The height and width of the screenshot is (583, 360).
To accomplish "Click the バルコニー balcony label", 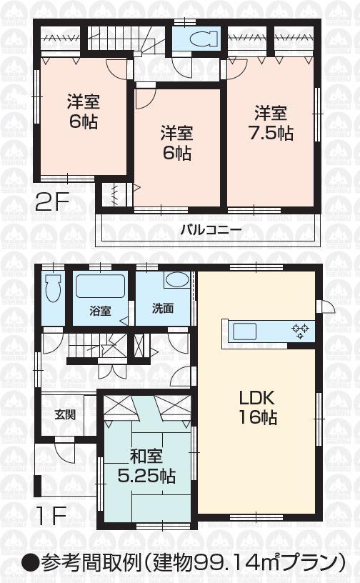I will coord(211,230).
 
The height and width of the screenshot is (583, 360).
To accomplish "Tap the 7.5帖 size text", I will coord(271,133).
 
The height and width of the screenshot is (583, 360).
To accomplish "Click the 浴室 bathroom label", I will coord(100,311).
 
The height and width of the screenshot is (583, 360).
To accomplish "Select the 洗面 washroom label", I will coord(162,311).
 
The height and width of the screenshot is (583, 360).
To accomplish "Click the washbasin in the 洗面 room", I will coord(174,281).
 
